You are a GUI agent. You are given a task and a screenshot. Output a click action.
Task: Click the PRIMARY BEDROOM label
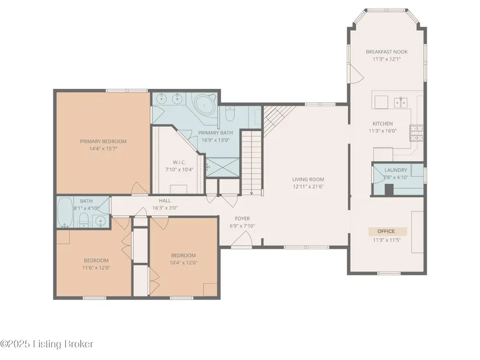[x=103, y=141]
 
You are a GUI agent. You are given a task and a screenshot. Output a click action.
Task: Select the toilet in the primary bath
[x=230, y=113]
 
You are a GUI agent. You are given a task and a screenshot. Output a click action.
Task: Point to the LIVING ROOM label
[x=308, y=179]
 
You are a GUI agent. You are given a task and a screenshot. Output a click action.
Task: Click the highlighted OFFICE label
[x=386, y=231]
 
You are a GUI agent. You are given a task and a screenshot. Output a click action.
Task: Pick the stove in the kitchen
[x=417, y=133]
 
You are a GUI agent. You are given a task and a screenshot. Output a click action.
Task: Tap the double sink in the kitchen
[x=400, y=102]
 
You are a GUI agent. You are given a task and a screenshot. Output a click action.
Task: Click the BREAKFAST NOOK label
[x=387, y=52]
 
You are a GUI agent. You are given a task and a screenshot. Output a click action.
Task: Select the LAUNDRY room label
[x=396, y=170]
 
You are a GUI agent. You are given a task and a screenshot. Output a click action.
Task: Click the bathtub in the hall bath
[x=65, y=212]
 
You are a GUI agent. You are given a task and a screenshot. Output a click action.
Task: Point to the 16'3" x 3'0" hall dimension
[x=165, y=208]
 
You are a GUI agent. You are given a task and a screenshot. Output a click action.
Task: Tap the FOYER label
[x=242, y=219]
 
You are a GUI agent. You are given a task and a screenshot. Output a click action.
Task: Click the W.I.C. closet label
[x=179, y=162]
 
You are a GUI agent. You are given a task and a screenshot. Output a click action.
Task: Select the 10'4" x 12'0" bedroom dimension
[x=183, y=263]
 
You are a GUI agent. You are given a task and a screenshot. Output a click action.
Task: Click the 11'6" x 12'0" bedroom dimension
[x=96, y=268]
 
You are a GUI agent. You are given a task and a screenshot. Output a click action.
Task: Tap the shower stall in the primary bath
[x=223, y=167]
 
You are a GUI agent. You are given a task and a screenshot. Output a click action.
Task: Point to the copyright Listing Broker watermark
[x=47, y=344]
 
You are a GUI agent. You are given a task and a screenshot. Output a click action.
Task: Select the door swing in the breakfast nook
[x=357, y=74]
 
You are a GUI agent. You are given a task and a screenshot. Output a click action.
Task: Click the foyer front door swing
[x=242, y=239]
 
